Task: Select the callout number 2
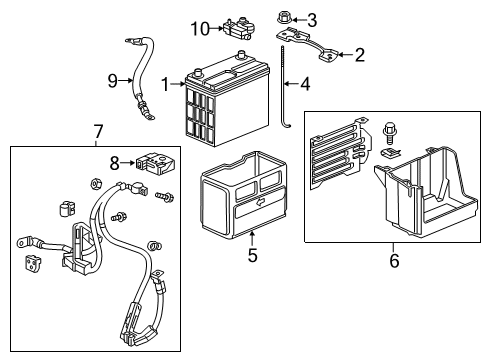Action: tap(358, 55)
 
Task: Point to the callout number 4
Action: tap(304, 85)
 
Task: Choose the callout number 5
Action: tap(252, 255)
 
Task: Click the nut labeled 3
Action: tap(283, 17)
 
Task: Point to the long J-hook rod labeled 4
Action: tap(288, 90)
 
